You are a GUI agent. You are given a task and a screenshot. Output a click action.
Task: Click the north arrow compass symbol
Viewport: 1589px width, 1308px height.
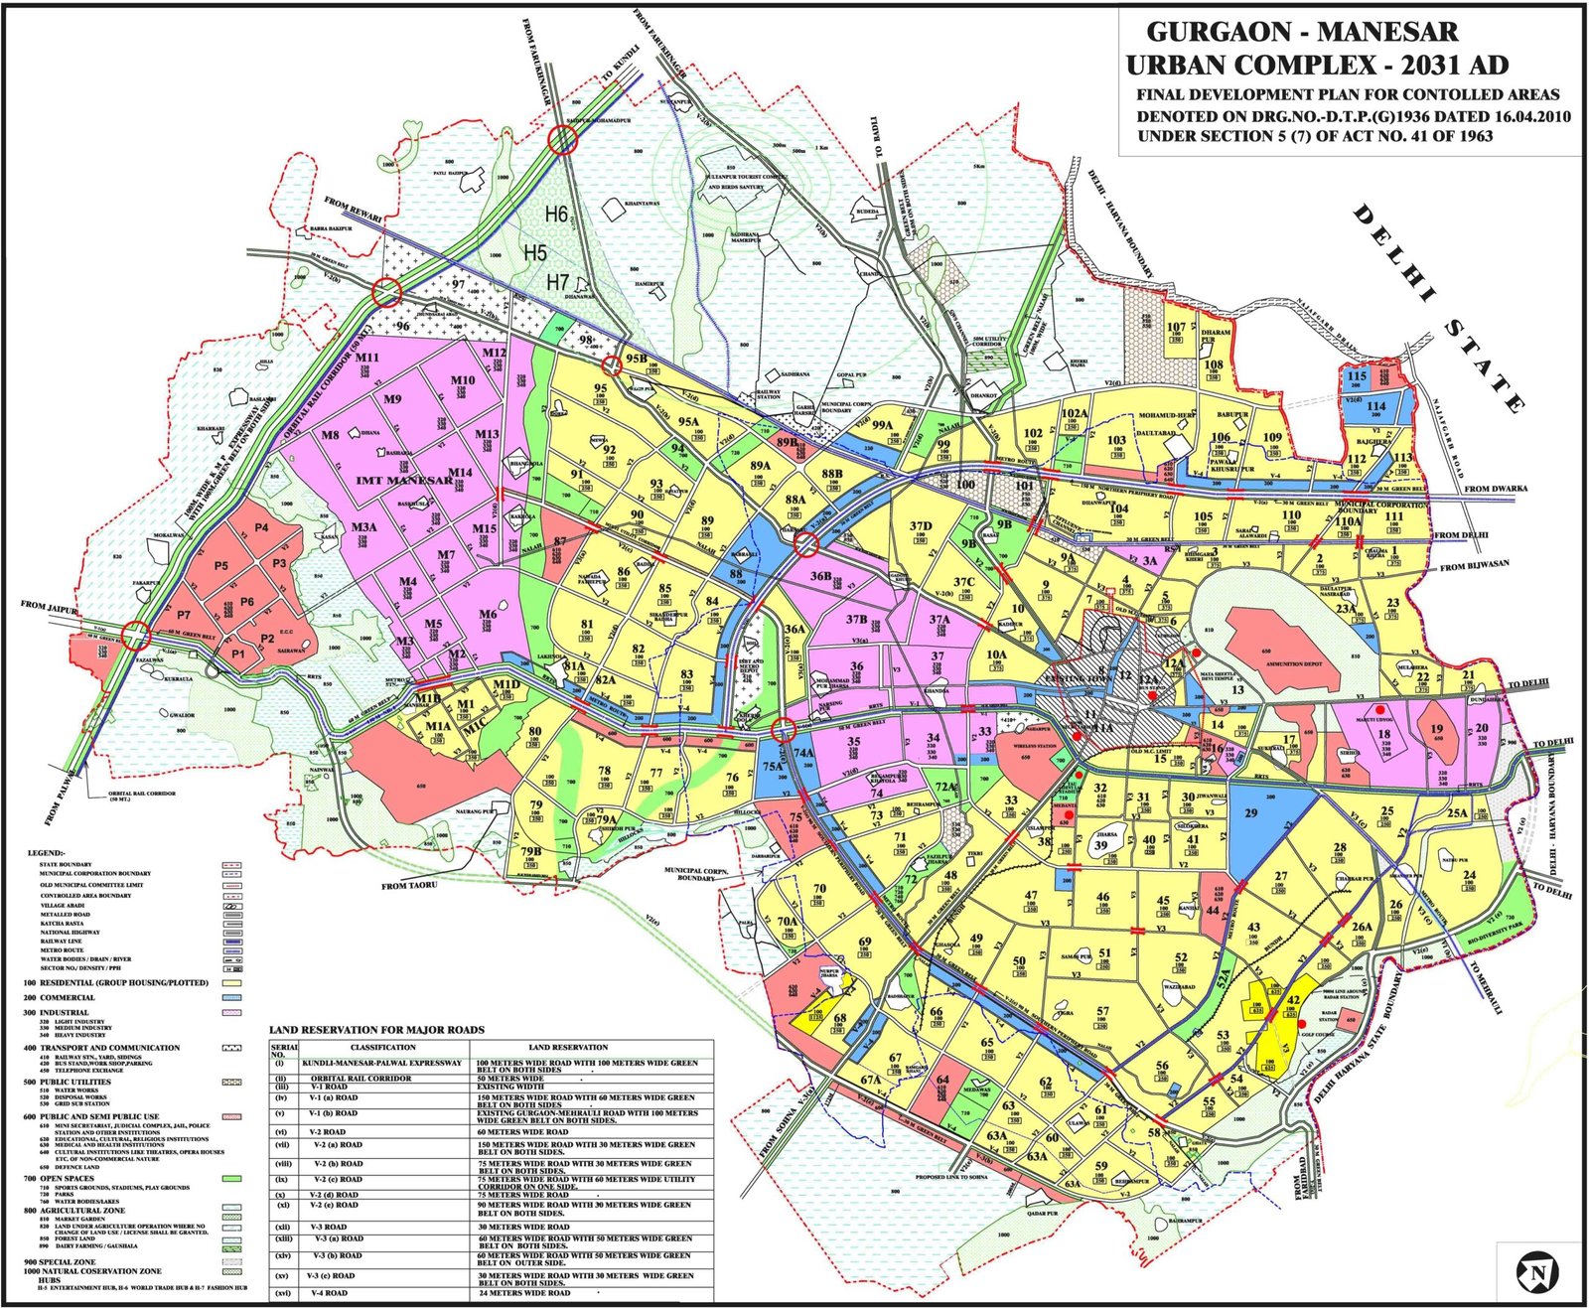click(x=1536, y=1272)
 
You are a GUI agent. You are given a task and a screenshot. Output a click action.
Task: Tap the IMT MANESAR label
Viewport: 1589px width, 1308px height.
click(x=404, y=481)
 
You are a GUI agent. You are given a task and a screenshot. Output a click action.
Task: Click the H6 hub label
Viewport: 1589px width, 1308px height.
click(x=556, y=214)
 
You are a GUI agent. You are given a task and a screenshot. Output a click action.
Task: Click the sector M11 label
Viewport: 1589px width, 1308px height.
click(x=367, y=358)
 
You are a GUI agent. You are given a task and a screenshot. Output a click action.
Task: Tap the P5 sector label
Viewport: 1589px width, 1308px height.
click(x=220, y=566)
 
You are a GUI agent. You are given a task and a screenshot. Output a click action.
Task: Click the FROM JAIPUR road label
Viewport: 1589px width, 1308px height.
click(x=48, y=606)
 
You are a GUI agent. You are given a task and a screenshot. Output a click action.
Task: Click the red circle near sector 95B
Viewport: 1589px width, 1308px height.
click(x=611, y=364)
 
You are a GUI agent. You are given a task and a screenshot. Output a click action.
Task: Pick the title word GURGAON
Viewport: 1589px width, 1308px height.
click(x=1220, y=32)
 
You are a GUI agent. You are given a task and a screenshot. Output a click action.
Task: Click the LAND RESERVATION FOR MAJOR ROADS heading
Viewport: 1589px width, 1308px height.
click(x=376, y=1030)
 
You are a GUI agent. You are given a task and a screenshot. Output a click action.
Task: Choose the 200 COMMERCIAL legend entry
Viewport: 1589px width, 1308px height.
click(x=60, y=997)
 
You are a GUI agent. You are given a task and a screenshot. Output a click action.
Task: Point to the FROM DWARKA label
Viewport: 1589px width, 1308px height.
click(x=1496, y=489)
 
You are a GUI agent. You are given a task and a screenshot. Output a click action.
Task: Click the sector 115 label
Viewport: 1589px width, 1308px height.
click(x=1357, y=376)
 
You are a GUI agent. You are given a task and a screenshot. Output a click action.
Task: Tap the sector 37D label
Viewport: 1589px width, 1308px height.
click(x=921, y=526)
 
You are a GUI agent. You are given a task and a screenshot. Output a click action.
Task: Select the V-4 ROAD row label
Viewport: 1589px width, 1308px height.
click(x=329, y=1293)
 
